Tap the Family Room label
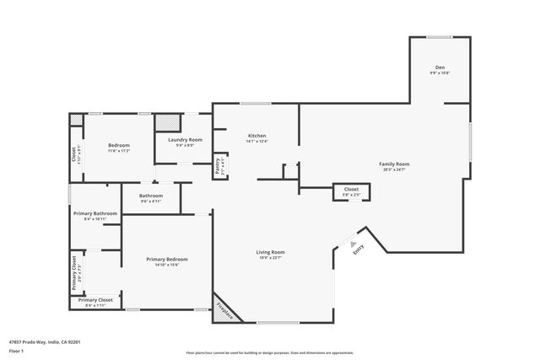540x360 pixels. (394, 166)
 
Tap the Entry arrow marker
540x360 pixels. (354, 245)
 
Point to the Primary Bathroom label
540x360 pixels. (94, 216)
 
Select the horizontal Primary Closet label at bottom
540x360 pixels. (95, 302)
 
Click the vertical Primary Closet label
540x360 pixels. (75, 271)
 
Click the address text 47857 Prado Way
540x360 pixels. (43, 342)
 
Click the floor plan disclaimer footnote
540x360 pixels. (269, 353)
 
